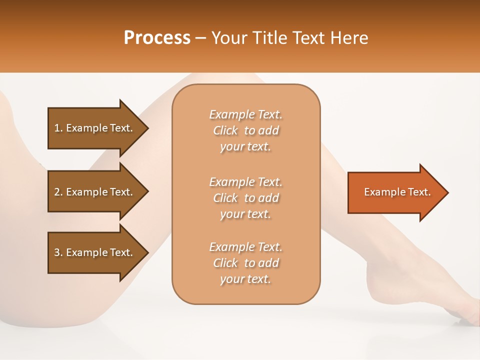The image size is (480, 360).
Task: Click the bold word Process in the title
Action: [x=157, y=38]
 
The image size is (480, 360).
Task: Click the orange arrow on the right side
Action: [x=395, y=192]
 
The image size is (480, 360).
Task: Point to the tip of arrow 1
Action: [x=147, y=128]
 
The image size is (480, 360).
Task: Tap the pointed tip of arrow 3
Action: [x=147, y=252]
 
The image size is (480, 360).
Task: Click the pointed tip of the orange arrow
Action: [x=447, y=192]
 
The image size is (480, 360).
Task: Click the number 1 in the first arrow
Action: [x=57, y=128]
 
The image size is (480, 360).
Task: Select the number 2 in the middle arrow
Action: [x=57, y=192]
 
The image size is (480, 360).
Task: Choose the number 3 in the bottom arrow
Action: [x=57, y=252]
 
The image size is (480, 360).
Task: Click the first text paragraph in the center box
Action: [x=245, y=130]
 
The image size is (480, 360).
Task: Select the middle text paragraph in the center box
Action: [x=245, y=198]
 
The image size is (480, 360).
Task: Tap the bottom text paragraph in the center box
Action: [x=245, y=263]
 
